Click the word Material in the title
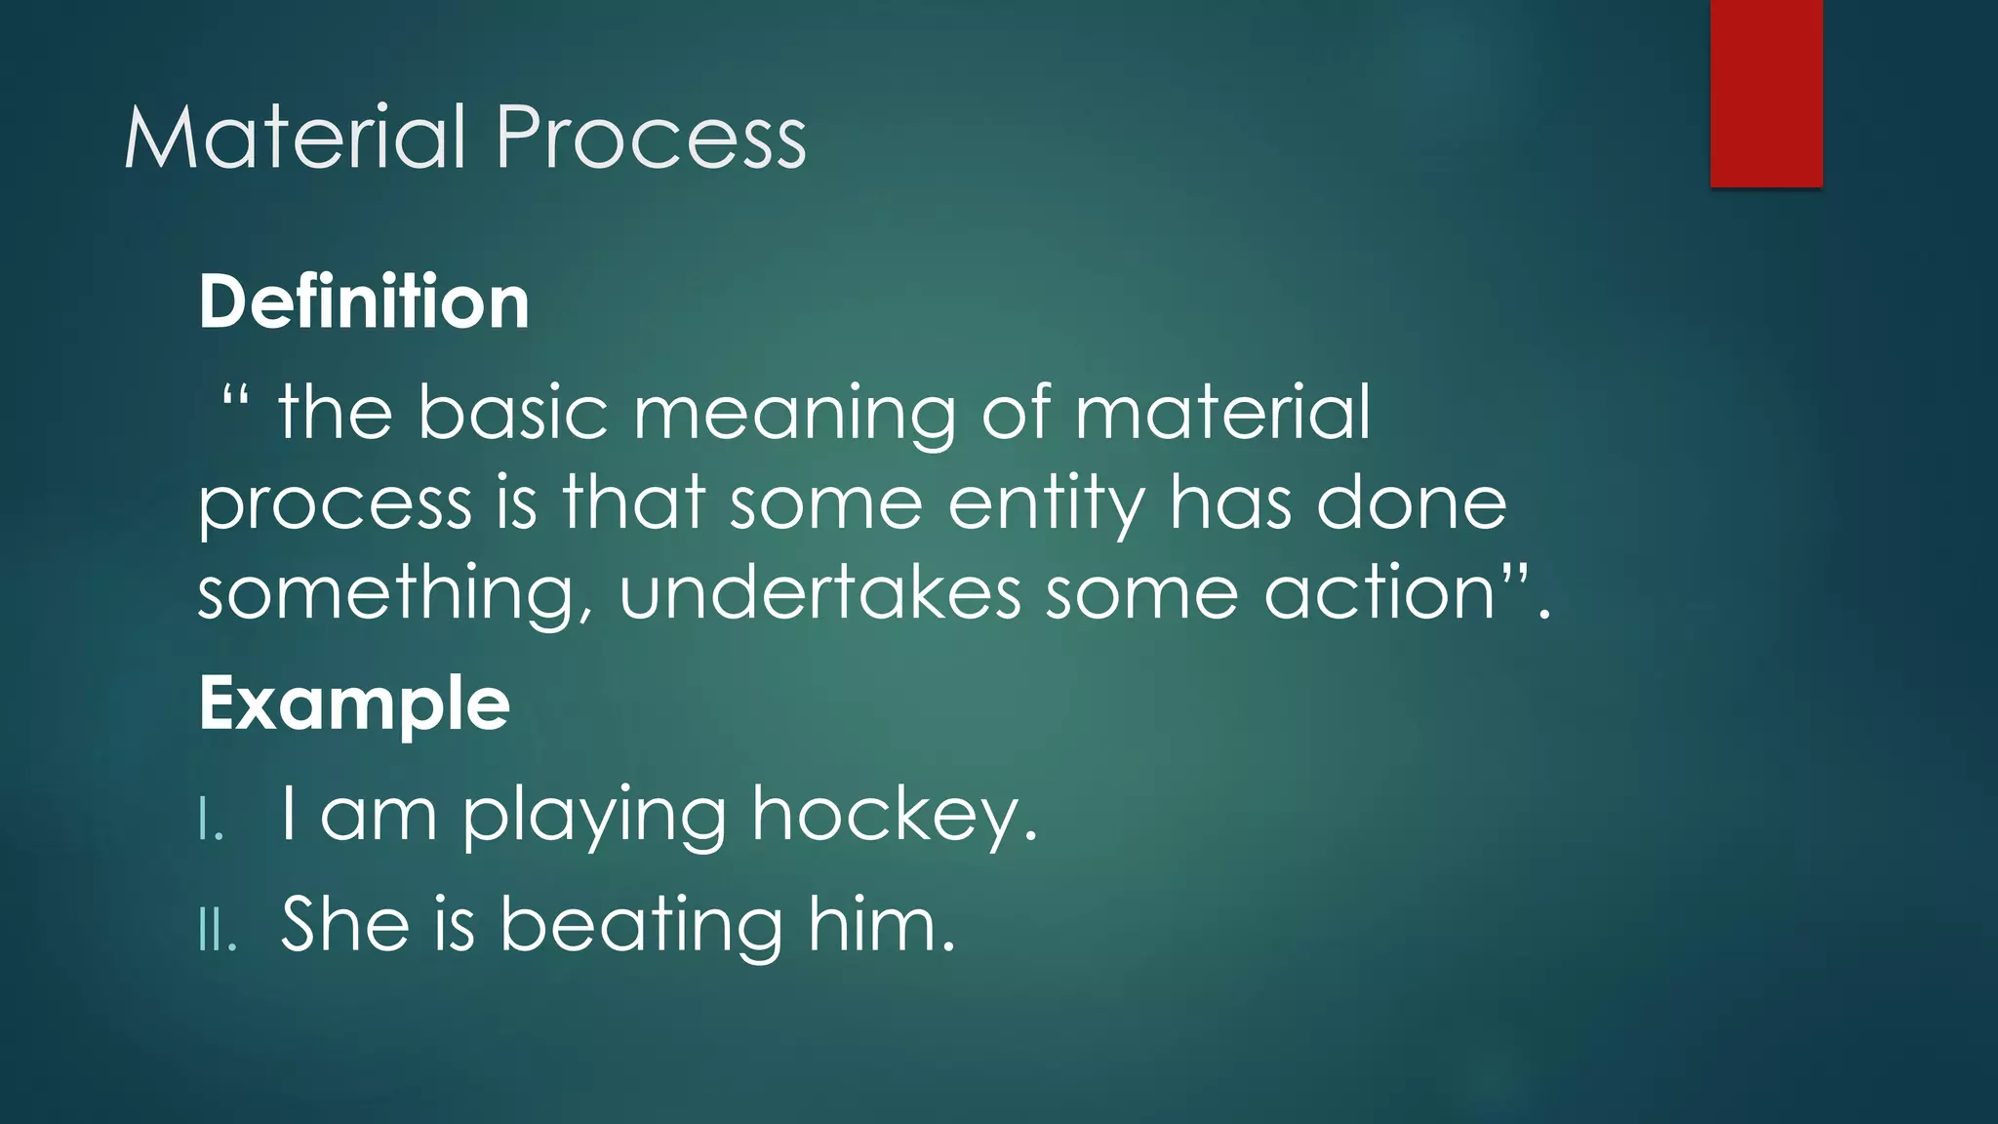[x=295, y=138]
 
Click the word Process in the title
[x=651, y=138]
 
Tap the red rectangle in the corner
[x=1766, y=93]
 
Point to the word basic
[x=513, y=413]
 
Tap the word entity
[x=1045, y=505]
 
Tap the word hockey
[x=894, y=816]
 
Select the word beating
[x=641, y=925]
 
